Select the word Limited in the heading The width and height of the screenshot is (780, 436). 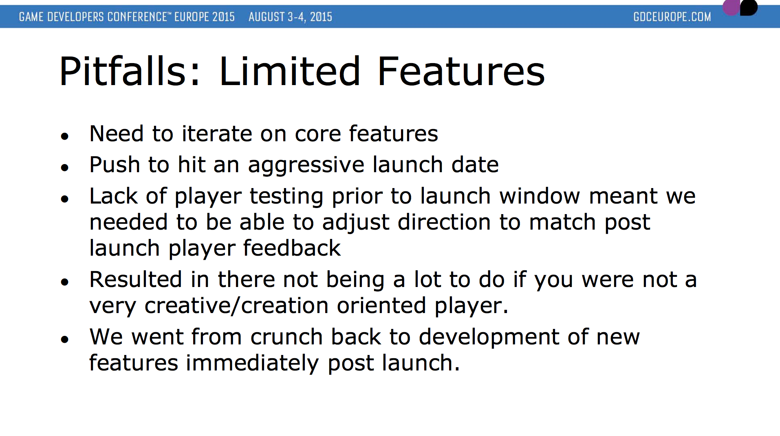click(x=290, y=71)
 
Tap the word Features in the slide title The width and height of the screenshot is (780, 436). click(x=461, y=71)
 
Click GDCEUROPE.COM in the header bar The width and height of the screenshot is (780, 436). click(x=672, y=17)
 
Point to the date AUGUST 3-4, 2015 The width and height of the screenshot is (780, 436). click(x=290, y=17)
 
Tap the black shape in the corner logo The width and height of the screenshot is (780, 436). click(x=749, y=7)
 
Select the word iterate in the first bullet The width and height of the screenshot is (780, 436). click(x=217, y=134)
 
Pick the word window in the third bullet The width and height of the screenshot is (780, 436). click(x=540, y=196)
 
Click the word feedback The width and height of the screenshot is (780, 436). click(x=292, y=248)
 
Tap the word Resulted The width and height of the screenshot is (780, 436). click(x=136, y=280)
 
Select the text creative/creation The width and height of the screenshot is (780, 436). click(x=236, y=306)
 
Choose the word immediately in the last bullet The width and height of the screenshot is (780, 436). click(x=252, y=364)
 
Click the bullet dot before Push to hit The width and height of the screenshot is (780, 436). click(x=64, y=167)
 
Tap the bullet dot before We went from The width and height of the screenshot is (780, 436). click(x=64, y=339)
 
